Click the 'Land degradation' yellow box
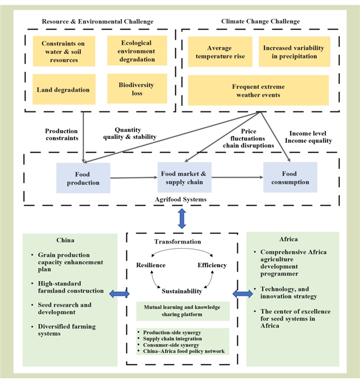[63, 89]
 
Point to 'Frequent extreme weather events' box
[258, 91]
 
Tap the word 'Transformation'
[178, 242]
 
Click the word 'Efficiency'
[212, 265]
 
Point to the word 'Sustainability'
[181, 291]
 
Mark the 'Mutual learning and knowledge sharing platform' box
[182, 312]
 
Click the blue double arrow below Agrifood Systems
[182, 218]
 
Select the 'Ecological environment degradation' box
[137, 50]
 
